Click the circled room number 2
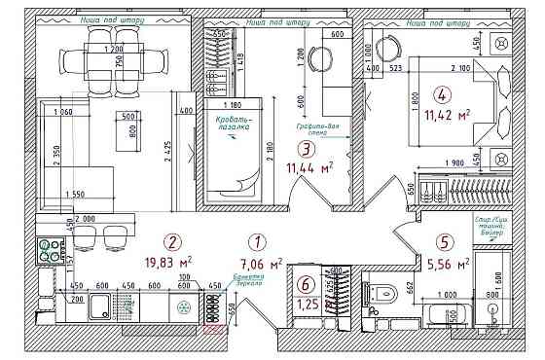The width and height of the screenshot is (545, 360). click(x=172, y=243)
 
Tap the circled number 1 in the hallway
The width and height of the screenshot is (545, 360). click(x=257, y=243)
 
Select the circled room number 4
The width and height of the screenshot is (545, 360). click(x=443, y=95)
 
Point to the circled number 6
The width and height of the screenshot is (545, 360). click(x=307, y=285)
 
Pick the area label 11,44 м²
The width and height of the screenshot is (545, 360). click(x=309, y=167)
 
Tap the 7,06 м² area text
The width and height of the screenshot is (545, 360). click(x=261, y=263)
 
